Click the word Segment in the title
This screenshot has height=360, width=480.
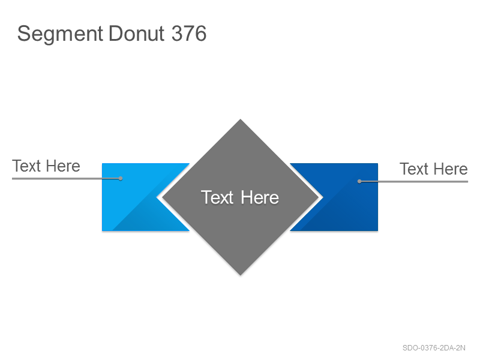[x=60, y=34]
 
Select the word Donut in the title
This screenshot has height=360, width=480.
[x=137, y=34]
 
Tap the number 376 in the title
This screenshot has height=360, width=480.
[x=189, y=34]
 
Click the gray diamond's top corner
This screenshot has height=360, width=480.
[x=241, y=119]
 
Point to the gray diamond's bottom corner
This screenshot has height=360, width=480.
[x=241, y=275]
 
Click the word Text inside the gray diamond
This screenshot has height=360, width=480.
[x=217, y=197]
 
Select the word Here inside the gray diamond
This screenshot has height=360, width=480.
[x=260, y=197]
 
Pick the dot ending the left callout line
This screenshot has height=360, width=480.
[x=121, y=178]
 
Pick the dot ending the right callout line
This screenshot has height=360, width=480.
[x=359, y=182]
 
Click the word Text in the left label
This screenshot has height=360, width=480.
[x=26, y=166]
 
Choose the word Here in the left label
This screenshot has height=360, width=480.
[x=64, y=166]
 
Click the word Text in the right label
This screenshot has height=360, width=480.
[x=414, y=169]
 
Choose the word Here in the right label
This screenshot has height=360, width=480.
[x=451, y=169]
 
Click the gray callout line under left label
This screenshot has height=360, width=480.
[x=66, y=178]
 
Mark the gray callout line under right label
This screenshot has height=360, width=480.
[x=413, y=182]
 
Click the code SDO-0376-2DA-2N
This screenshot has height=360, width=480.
[x=434, y=348]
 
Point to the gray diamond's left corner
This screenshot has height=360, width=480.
[x=162, y=197]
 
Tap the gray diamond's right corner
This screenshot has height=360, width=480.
[x=319, y=197]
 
